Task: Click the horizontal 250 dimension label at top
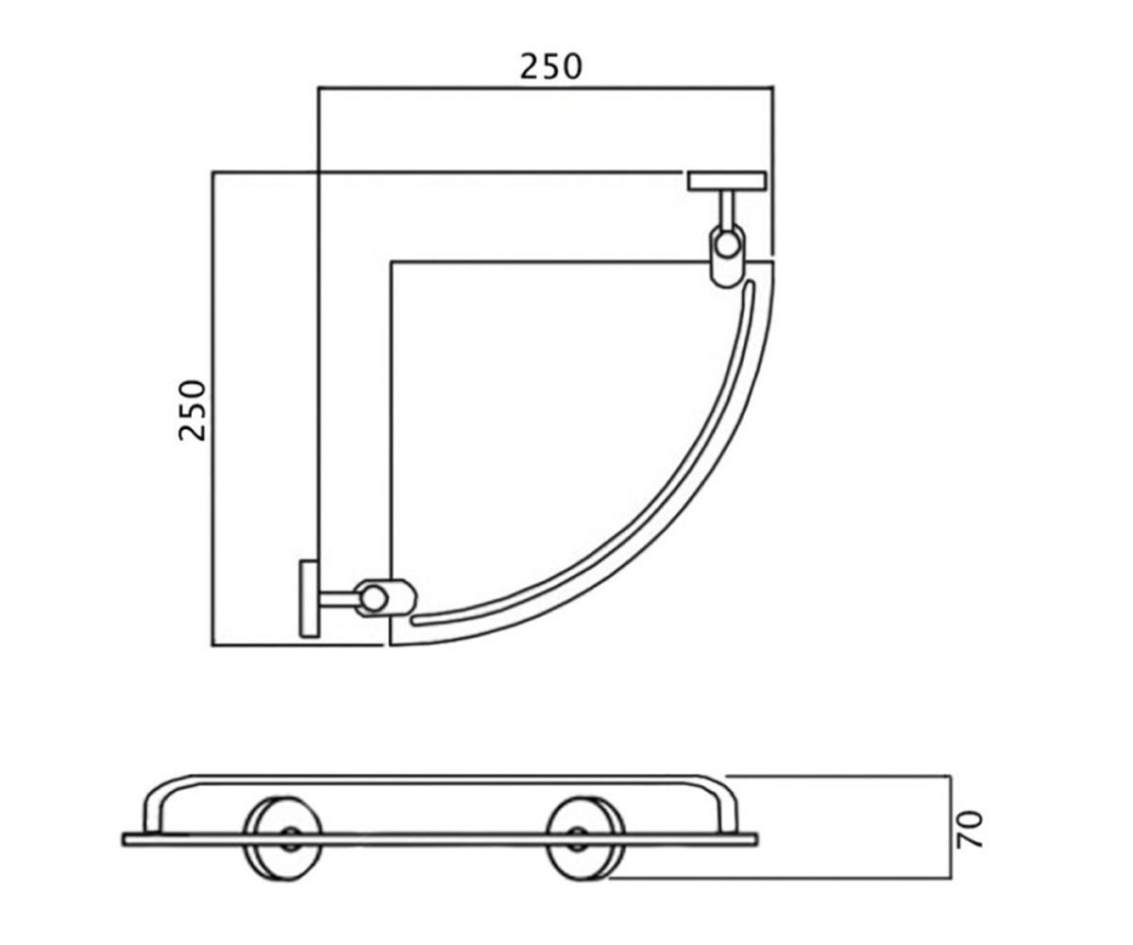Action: pyautogui.click(x=550, y=67)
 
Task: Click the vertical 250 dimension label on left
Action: pyautogui.click(x=194, y=410)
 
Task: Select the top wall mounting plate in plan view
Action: pyautogui.click(x=727, y=180)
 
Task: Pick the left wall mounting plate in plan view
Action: pyautogui.click(x=310, y=598)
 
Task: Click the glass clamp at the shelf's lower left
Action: pyautogui.click(x=384, y=598)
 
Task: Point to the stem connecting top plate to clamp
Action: pyautogui.click(x=727, y=209)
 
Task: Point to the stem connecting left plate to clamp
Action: pyautogui.click(x=338, y=598)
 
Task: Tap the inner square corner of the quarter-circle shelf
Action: pyautogui.click(x=391, y=262)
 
